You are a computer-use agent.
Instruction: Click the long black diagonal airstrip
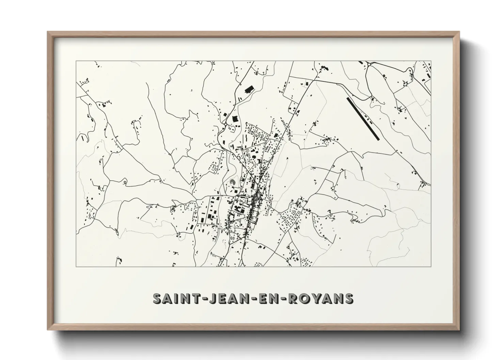(x=362, y=118)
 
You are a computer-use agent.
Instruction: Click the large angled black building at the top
(x=249, y=90)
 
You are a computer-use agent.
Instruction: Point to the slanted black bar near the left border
(x=83, y=138)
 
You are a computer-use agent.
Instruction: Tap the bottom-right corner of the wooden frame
(x=459, y=329)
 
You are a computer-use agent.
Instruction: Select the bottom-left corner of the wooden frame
(x=48, y=329)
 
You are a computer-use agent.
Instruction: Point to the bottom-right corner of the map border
(x=431, y=266)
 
